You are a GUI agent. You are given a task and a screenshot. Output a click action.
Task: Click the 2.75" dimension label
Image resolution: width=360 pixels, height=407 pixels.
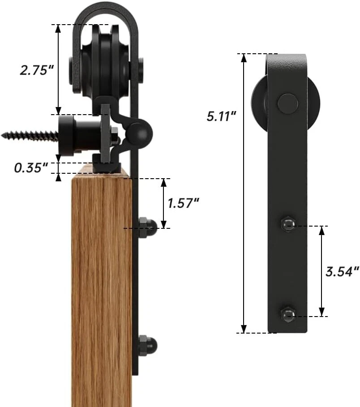point(37,70)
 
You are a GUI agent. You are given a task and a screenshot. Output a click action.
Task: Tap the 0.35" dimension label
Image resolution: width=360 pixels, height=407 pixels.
point(31,168)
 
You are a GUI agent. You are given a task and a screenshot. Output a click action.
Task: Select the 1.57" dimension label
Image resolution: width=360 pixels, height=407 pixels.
point(184,203)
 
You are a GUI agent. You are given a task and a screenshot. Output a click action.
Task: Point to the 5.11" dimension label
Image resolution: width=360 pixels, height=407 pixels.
point(221,117)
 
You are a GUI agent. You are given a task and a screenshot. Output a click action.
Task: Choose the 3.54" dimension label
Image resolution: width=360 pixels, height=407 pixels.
point(342,271)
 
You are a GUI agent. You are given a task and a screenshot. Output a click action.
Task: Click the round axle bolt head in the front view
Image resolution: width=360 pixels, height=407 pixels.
point(287,103)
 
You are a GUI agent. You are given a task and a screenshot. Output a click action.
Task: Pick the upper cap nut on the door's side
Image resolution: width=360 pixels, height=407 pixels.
point(148,227)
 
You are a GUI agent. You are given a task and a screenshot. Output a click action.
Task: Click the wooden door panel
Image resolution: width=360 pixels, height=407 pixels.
point(101,291)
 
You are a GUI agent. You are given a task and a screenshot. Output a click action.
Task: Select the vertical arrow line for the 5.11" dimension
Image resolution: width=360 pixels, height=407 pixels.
point(244,193)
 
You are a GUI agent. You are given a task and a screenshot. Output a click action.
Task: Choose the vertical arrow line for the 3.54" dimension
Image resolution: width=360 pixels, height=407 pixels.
point(321,271)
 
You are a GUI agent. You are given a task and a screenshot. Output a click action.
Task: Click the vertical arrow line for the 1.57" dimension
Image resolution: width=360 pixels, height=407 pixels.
point(164,203)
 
